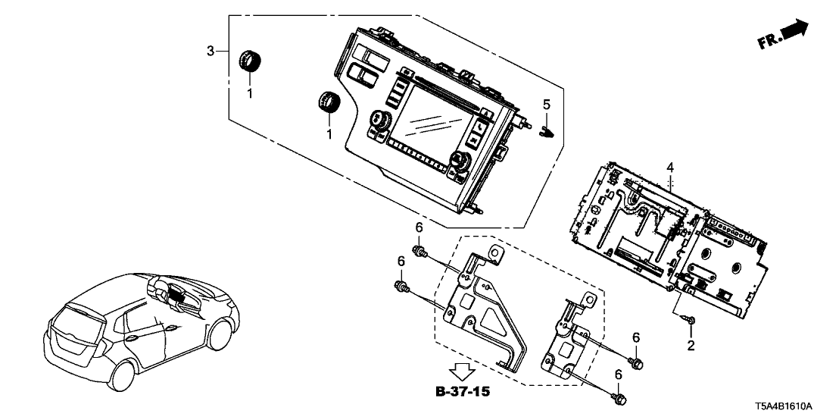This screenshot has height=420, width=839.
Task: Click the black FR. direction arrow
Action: (x=794, y=32)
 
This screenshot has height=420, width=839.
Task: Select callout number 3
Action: (x=211, y=51)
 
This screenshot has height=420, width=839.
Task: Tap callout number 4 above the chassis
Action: (x=669, y=166)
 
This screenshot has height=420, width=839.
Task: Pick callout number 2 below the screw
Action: (x=690, y=346)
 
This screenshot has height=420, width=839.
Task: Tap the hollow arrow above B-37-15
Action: (x=463, y=372)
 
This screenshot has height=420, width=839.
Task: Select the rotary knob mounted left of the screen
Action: (x=379, y=121)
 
